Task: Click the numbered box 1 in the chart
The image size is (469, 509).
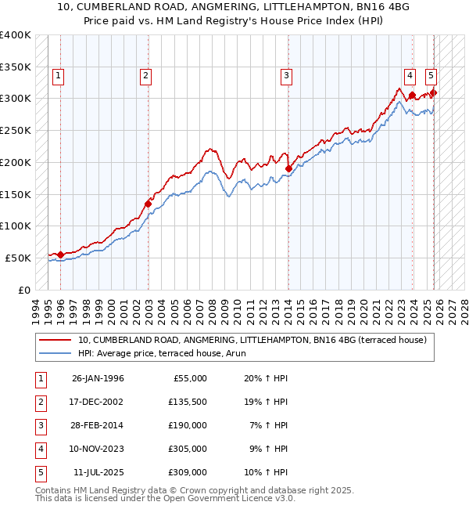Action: [59, 76]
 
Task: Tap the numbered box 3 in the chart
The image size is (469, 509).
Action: [287, 76]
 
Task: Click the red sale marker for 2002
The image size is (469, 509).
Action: [148, 204]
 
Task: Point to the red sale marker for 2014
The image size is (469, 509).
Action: [288, 168]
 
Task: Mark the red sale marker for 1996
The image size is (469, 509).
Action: [60, 254]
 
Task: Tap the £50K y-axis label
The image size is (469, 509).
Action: [17, 258]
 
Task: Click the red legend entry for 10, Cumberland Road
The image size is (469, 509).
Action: [251, 340]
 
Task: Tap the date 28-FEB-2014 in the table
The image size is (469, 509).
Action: [98, 425]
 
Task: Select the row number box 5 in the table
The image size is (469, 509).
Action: [38, 472]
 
